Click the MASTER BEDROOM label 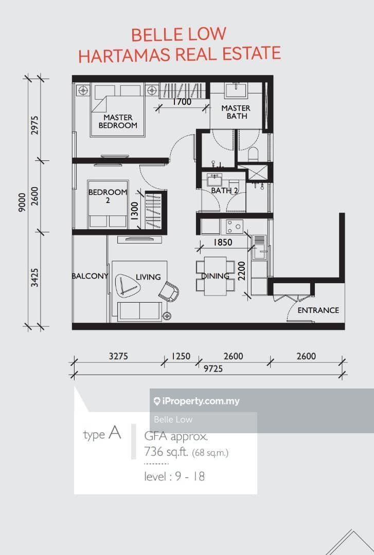[118, 121]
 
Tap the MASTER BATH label [236, 112]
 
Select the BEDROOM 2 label [108, 196]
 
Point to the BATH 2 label [224, 191]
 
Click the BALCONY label [90, 276]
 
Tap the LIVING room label [148, 277]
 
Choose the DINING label [215, 276]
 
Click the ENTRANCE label [318, 310]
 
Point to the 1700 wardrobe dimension [182, 102]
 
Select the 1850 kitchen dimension [223, 243]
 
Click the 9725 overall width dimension [213, 369]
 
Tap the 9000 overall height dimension [22, 202]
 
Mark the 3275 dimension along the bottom [118, 356]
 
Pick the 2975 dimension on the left [35, 125]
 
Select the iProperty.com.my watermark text [197, 401]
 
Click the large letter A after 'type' [115, 432]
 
